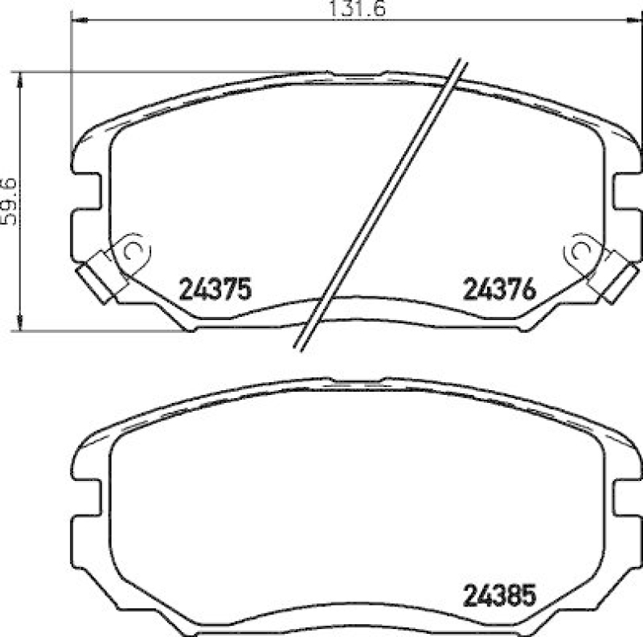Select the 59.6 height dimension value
coord(9,200)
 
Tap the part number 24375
coord(215,289)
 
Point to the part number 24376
coord(498,289)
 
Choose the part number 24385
coord(498,597)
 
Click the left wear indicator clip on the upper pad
coord(100,276)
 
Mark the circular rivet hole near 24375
coord(133,251)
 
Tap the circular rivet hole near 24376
coord(581,251)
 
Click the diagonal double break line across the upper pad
coord(378,205)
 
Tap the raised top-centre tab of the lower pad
coord(356,383)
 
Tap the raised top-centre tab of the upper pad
coord(356,75)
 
